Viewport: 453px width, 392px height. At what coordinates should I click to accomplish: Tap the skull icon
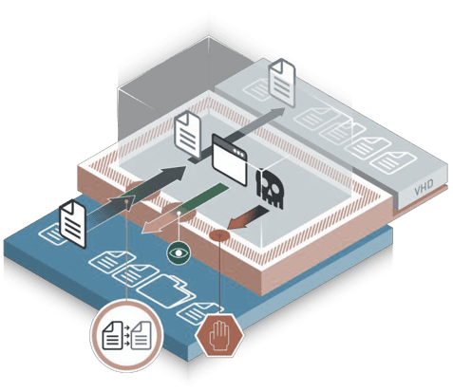[x=270, y=188]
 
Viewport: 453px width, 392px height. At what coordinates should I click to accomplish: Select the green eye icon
[x=179, y=253]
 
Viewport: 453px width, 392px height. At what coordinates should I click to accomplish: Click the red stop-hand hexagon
[x=220, y=336]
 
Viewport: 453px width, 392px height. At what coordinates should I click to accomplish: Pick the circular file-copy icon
[x=126, y=335]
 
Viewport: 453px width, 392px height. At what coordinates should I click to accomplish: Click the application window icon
[x=230, y=160]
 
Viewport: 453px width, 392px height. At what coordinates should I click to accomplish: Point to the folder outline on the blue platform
[x=167, y=290]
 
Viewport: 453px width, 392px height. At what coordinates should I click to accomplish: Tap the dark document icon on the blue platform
[x=73, y=224]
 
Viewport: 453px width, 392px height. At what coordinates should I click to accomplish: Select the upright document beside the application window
[x=188, y=135]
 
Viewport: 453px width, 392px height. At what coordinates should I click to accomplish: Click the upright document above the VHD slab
[x=282, y=82]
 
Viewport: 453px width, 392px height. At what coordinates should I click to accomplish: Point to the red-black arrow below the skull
[x=248, y=217]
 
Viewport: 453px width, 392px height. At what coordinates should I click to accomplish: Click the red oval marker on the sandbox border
[x=219, y=235]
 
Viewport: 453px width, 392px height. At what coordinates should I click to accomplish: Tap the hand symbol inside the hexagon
[x=220, y=335]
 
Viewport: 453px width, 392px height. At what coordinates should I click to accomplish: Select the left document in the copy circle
[x=113, y=335]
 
